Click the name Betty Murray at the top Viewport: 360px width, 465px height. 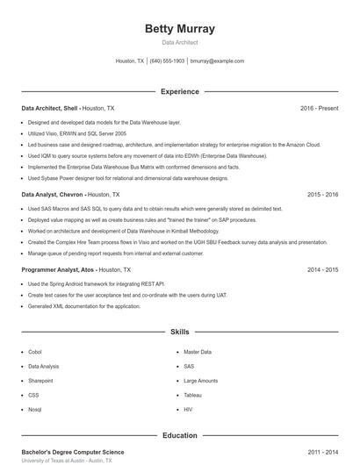click(179, 29)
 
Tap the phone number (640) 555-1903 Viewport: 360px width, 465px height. click(167, 61)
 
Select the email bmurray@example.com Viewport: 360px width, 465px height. click(217, 61)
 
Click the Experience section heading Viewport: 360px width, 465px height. click(179, 91)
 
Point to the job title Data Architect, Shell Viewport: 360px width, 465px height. click(50, 108)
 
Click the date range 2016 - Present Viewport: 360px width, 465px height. click(319, 108)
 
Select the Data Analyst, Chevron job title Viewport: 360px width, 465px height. click(52, 194)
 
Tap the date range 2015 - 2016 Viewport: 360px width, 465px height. click(322, 194)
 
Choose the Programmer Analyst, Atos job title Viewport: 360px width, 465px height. click(58, 270)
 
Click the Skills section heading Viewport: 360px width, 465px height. click(179, 333)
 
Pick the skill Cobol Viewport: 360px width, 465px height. click(35, 352)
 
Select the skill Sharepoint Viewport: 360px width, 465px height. click(40, 381)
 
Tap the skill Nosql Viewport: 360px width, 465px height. click(35, 410)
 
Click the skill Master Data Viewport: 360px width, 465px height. click(198, 352)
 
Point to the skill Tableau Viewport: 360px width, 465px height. click(193, 395)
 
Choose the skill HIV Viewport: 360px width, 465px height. click(188, 410)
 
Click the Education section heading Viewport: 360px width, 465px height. click(179, 435)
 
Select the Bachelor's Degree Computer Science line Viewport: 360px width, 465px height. click(73, 452)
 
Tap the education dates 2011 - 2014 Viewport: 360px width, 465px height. click(322, 452)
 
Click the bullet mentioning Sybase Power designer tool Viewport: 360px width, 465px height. click(127, 178)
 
